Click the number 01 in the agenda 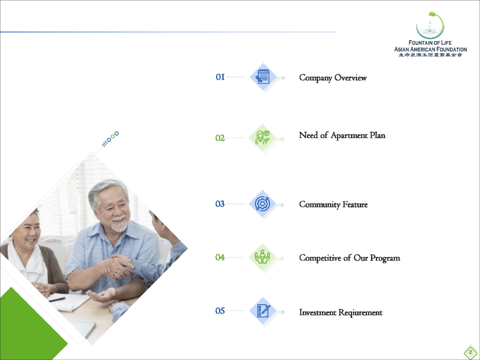(x=220, y=77)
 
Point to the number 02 (x=220, y=138)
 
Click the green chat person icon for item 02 (x=262, y=138)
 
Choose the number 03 (x=220, y=204)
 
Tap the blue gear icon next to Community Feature (x=262, y=204)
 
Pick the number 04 (x=220, y=258)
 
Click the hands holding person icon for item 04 (x=262, y=257)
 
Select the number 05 (x=220, y=311)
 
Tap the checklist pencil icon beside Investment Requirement (x=263, y=311)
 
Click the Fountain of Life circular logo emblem (x=430, y=25)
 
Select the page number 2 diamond (x=470, y=353)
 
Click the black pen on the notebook (x=57, y=299)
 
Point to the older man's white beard (x=119, y=225)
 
